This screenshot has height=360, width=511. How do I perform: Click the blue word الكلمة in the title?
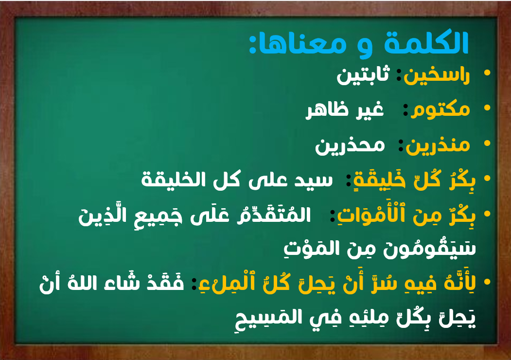click(426, 42)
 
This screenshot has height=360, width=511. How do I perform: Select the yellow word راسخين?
click(437, 76)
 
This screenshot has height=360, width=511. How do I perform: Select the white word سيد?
click(314, 180)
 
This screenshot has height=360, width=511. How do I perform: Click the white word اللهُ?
click(82, 283)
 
